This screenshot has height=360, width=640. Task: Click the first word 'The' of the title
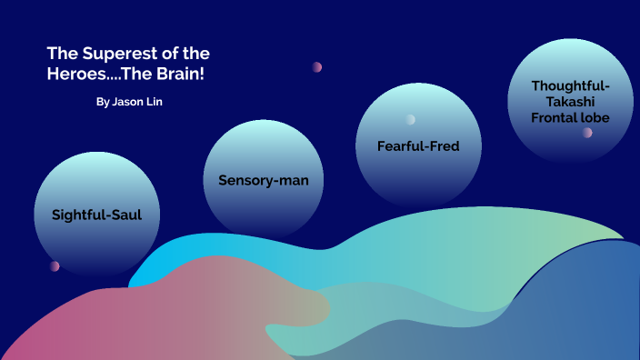click(x=62, y=54)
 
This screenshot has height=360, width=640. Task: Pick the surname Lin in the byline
click(x=155, y=102)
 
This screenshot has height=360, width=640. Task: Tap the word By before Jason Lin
click(x=102, y=102)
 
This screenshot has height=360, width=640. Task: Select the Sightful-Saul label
click(x=97, y=215)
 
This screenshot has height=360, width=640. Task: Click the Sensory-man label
click(x=264, y=180)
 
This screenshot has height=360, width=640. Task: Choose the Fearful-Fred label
click(x=418, y=145)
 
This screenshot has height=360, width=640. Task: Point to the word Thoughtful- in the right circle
click(x=571, y=85)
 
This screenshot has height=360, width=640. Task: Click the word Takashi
click(x=571, y=101)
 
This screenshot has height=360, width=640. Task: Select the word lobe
click(x=596, y=117)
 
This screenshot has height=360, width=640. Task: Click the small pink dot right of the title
click(x=317, y=66)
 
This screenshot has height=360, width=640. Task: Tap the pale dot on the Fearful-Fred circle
click(x=411, y=119)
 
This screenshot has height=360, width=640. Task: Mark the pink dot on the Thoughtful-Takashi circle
click(x=588, y=133)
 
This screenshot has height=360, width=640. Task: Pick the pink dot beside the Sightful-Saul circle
click(x=55, y=266)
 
